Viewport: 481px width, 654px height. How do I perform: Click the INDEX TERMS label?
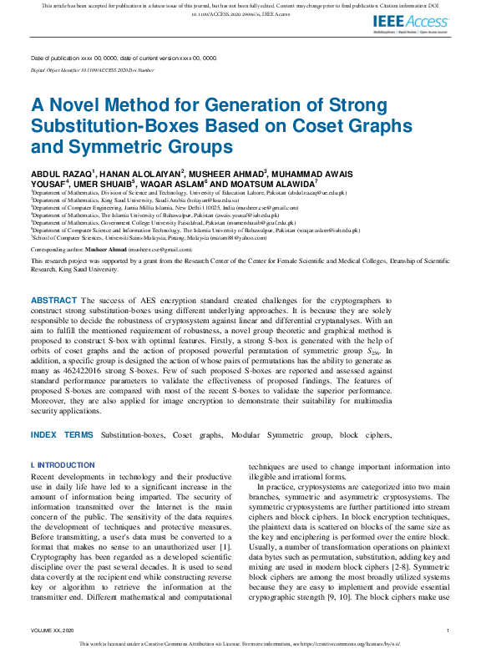62,435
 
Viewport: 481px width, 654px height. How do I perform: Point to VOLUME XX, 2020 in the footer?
53,631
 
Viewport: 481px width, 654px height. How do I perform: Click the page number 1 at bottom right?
448,631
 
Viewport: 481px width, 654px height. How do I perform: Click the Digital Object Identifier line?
93,71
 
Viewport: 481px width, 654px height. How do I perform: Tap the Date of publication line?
124,58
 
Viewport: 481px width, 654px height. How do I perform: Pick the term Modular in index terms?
255,435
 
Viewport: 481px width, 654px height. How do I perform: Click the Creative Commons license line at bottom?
240,644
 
